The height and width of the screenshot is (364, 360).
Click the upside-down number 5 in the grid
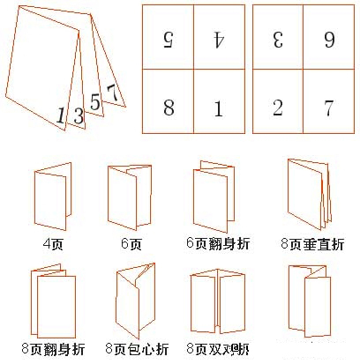[x=169, y=39]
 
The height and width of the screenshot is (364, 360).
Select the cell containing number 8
[x=169, y=108]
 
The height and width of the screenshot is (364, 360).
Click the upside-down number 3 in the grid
[x=277, y=39]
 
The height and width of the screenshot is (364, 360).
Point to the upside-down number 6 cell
[x=328, y=39]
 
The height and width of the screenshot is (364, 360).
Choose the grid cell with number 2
[x=277, y=108]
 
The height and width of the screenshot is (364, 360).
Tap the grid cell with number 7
[x=328, y=108]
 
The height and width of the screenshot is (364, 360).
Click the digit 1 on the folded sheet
[x=61, y=115]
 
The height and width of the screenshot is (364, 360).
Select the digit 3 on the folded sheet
[x=78, y=115]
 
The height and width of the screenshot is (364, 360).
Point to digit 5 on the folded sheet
[x=95, y=102]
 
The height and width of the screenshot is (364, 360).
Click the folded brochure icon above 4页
[x=53, y=196]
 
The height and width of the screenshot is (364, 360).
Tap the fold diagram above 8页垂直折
[x=308, y=194]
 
